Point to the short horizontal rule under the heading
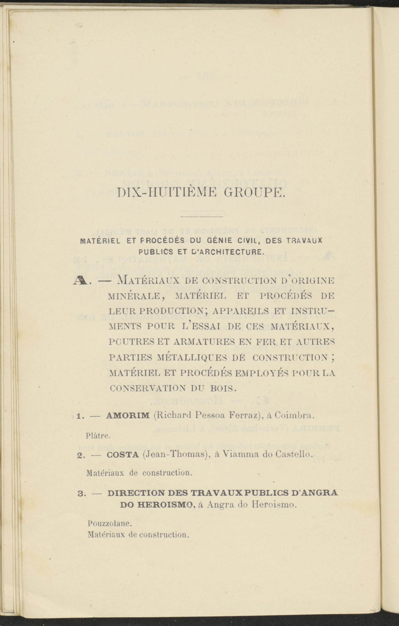[202, 217]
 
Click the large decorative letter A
[81, 282]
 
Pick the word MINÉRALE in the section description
[134, 296]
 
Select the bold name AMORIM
[128, 415]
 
